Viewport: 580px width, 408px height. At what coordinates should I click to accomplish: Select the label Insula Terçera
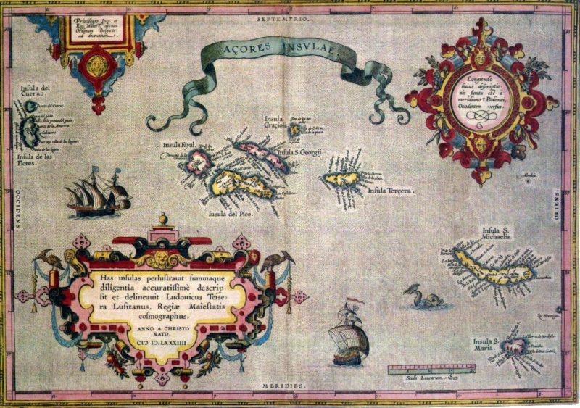390,191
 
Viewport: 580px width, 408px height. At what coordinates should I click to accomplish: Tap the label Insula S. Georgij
299,153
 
